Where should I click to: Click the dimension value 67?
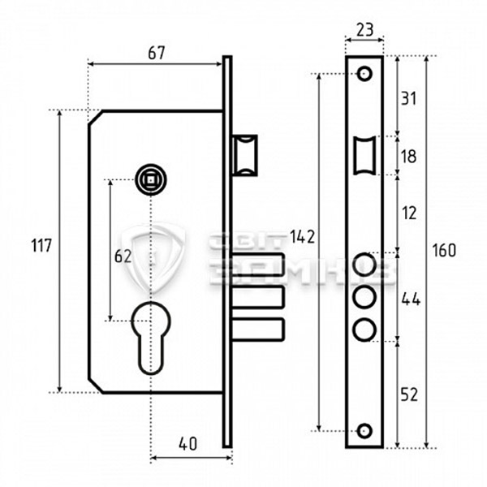pyautogui.click(x=156, y=54)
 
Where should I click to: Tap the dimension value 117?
pyautogui.click(x=41, y=244)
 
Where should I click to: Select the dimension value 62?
pyautogui.click(x=122, y=256)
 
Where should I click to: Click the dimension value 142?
pyautogui.click(x=303, y=237)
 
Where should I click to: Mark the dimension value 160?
pyautogui.click(x=443, y=249)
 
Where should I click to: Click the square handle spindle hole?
pyautogui.click(x=149, y=176)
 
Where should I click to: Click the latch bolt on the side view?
pyautogui.click(x=245, y=154)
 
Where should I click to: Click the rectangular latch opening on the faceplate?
pyautogui.click(x=364, y=154)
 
